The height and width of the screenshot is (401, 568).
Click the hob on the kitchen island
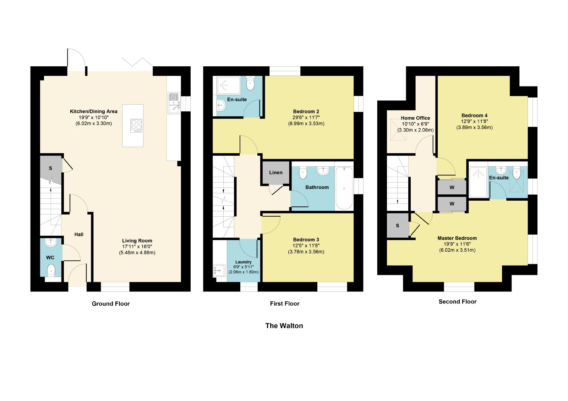(136, 126)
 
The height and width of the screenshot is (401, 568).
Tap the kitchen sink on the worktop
(174, 103)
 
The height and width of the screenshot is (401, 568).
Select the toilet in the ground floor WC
(51, 270)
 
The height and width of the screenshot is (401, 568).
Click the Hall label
(79, 235)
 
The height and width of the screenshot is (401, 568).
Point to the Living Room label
(137, 241)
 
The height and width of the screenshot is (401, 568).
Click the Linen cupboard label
(276, 173)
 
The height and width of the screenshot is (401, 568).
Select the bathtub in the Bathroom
(344, 188)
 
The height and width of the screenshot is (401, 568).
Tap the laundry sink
(219, 271)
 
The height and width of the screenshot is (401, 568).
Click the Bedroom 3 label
(306, 240)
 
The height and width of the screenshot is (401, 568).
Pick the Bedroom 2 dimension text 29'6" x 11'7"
(306, 118)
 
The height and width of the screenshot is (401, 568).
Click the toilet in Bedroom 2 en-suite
(250, 83)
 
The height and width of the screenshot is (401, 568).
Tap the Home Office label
(415, 118)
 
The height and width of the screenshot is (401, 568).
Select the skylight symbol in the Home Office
(398, 129)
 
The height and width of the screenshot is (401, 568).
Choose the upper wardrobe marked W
(452, 188)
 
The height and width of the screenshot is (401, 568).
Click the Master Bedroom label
(457, 238)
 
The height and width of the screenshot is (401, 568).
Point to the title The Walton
(284, 326)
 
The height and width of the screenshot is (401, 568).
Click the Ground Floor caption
(110, 304)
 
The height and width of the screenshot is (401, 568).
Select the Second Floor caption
(458, 302)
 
